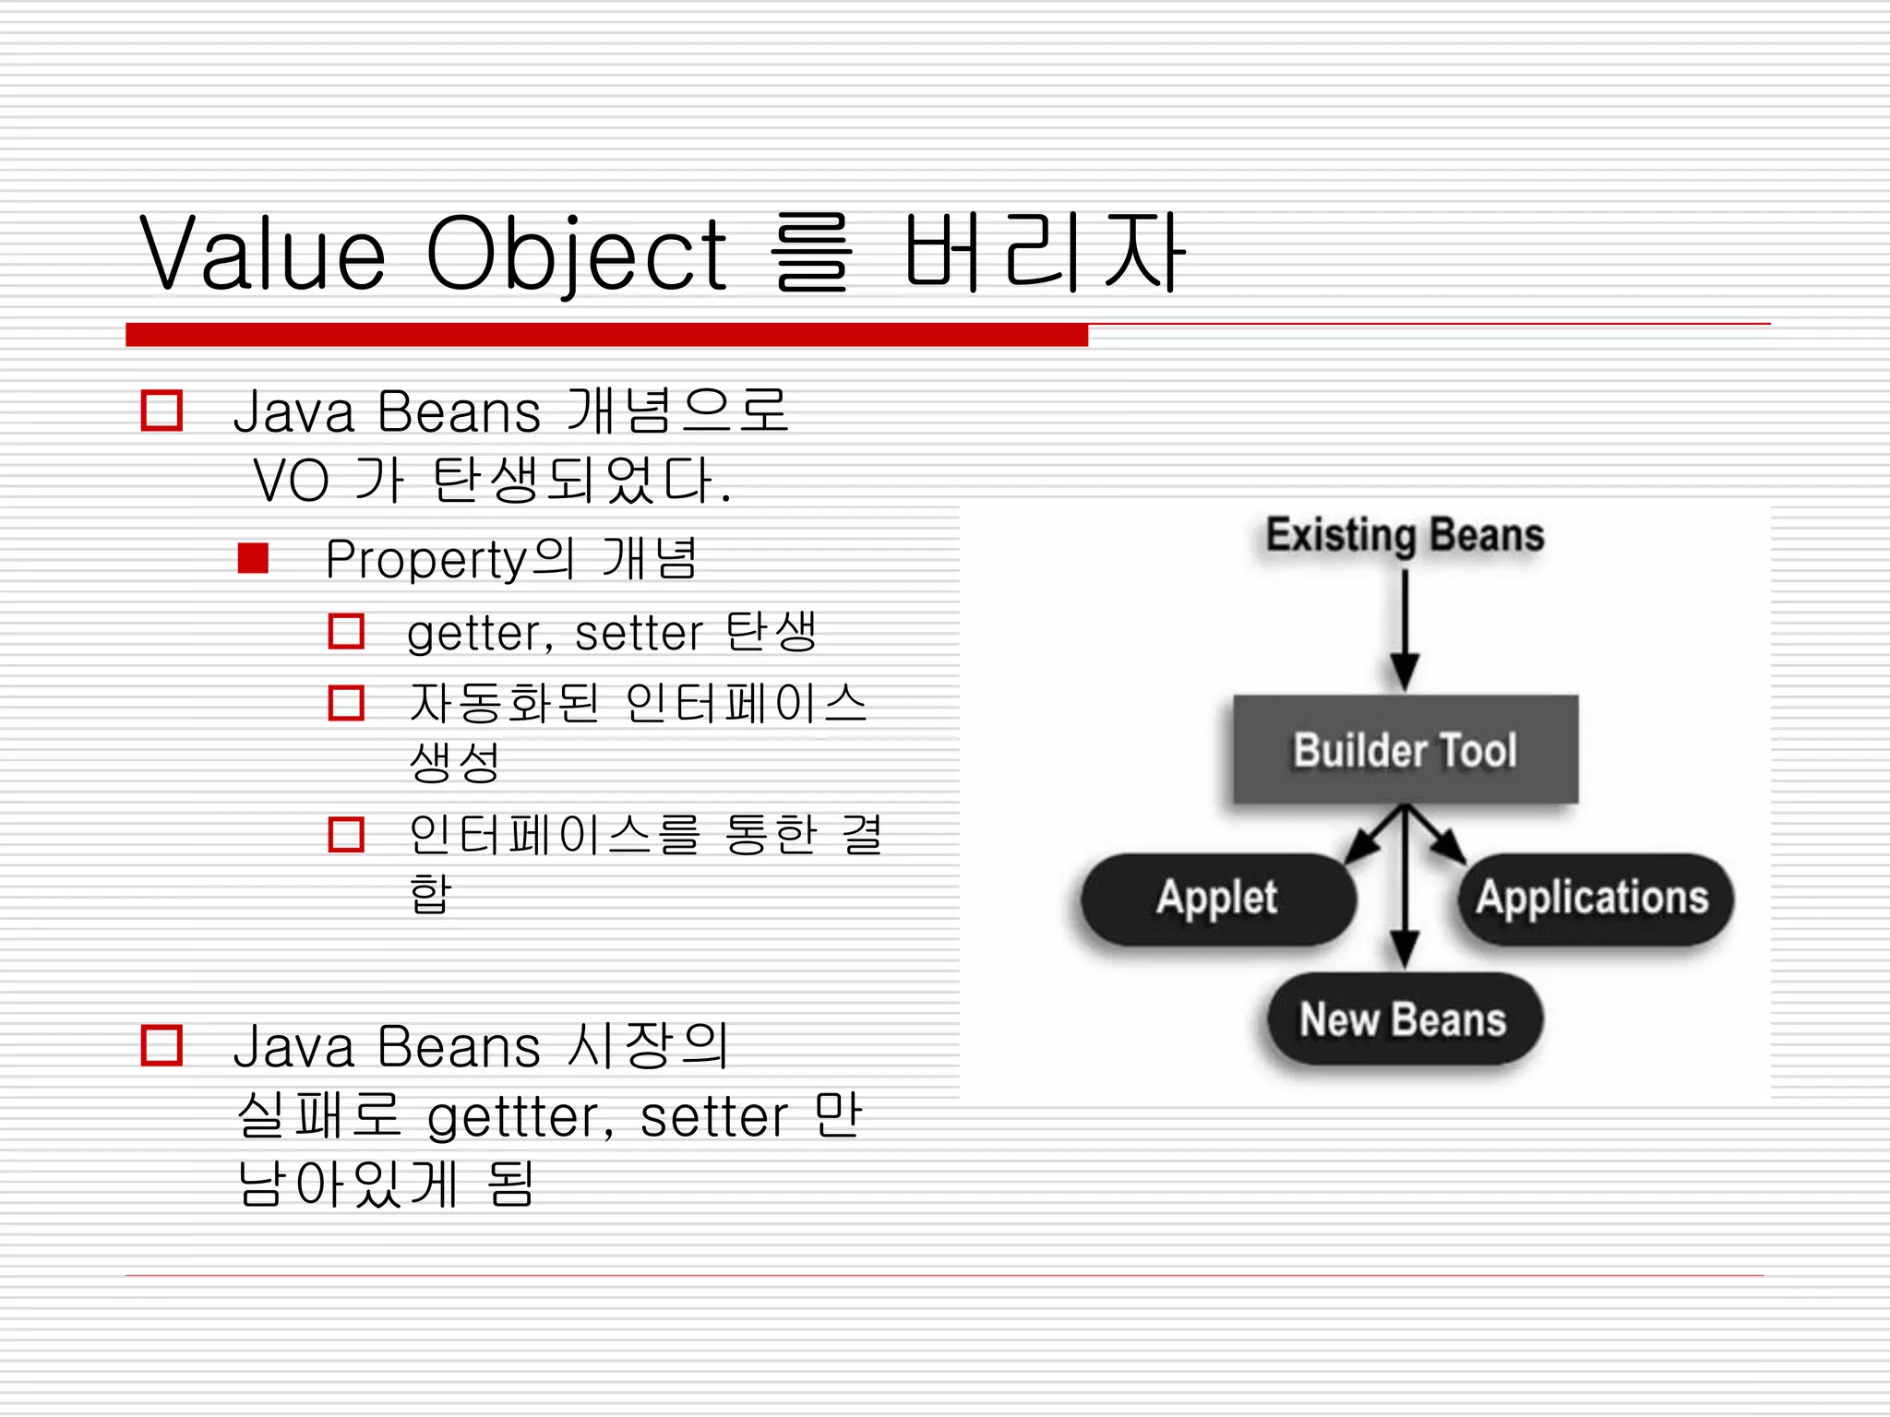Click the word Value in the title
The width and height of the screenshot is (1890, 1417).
[262, 253]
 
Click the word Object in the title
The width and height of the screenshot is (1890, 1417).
[576, 253]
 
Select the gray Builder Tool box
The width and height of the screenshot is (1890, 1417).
[1405, 749]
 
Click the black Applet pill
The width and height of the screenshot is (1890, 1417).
[1218, 899]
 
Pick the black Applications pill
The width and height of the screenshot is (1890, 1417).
[1594, 899]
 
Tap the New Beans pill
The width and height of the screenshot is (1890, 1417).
[1403, 1020]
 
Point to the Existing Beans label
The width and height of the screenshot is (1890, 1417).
[1405, 535]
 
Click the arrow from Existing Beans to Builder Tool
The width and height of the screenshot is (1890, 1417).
[1405, 627]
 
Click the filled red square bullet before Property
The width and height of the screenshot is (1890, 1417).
[253, 558]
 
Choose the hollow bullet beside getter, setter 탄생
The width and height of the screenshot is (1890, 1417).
[346, 632]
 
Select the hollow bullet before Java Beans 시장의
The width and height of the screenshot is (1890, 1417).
[161, 1045]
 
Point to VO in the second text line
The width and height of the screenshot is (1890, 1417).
[291, 481]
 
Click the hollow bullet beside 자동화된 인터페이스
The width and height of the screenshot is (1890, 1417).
[346, 703]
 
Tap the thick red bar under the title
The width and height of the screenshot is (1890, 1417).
[606, 335]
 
